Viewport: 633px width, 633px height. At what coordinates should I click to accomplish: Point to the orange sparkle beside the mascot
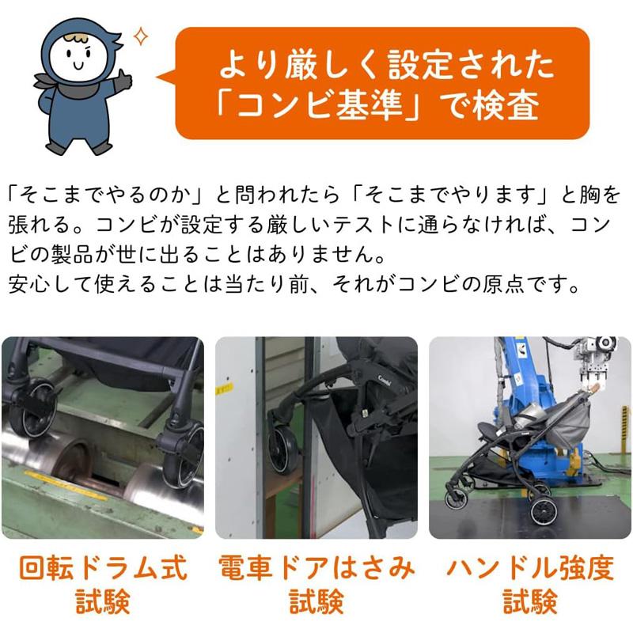142,36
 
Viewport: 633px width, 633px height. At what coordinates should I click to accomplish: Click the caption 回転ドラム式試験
102,585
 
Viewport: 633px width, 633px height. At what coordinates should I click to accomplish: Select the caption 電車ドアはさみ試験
316,585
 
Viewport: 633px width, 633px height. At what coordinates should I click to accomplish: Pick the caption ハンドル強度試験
529,585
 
